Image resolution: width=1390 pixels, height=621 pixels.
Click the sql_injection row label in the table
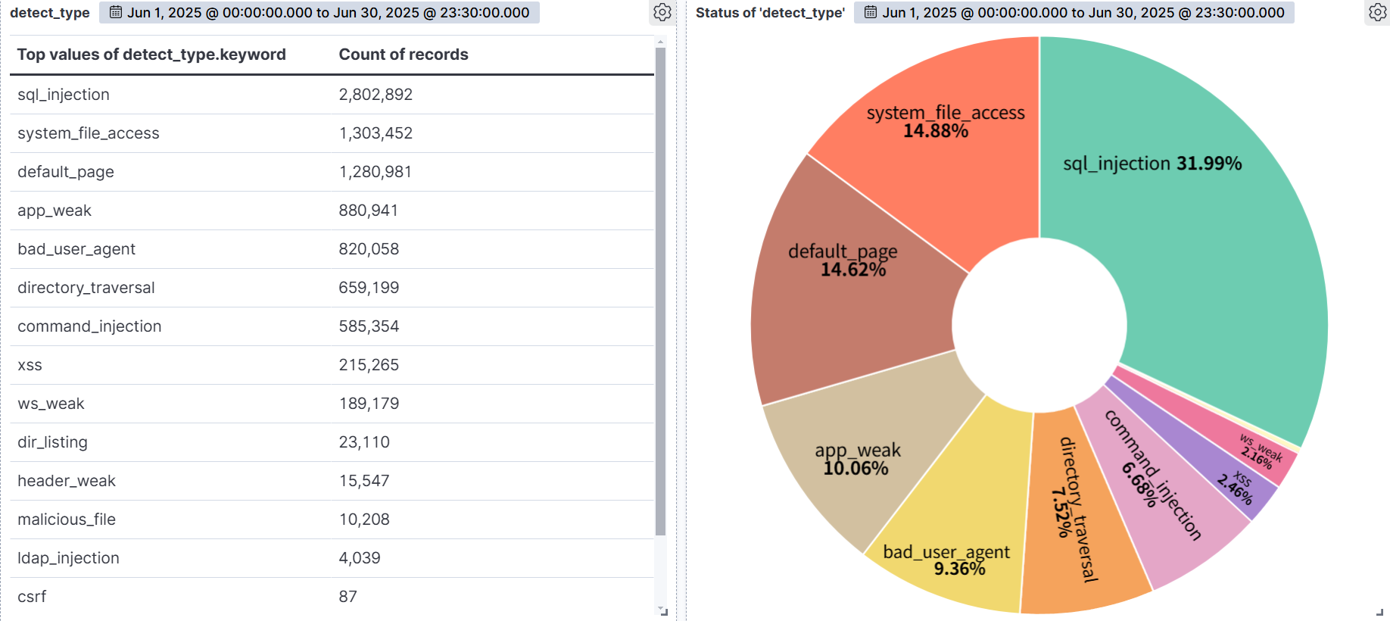64,95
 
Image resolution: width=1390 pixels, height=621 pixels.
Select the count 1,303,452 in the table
376,133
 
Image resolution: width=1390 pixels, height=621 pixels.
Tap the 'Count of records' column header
404,55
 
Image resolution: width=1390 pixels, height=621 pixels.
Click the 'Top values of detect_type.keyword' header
151,55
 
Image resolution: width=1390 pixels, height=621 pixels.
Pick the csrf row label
32,597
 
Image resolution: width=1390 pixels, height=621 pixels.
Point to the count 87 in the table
347,597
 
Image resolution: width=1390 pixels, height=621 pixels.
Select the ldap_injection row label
68,558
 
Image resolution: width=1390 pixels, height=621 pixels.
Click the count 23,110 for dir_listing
364,442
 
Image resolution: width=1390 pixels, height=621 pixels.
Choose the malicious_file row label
67,520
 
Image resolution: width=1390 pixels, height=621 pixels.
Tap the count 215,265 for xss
369,365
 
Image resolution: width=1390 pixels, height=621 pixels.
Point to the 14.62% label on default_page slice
853,270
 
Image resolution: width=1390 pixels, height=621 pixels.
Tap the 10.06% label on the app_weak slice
856,469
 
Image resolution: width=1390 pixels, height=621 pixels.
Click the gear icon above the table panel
662,12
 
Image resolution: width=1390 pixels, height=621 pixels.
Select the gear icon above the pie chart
1378,12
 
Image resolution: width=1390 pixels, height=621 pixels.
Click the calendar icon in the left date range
116,12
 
